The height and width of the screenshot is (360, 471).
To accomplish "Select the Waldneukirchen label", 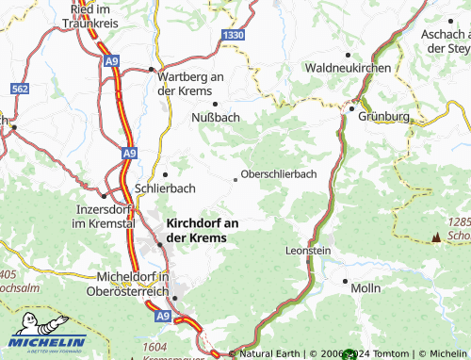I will (347, 69).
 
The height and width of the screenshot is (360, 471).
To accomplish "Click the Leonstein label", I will (308, 251).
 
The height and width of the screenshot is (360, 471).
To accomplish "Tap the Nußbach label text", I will (216, 117).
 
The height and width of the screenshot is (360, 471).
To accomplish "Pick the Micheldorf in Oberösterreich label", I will (132, 283).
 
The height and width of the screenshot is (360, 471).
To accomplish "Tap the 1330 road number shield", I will (234, 34).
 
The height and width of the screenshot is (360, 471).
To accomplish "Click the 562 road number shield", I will (21, 88).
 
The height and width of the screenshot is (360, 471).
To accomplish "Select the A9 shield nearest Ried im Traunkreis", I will (112, 61).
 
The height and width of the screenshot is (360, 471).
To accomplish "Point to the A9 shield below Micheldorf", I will (163, 319).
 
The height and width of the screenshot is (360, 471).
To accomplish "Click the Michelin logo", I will (47, 341).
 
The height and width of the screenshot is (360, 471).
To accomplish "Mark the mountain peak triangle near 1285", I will (435, 237).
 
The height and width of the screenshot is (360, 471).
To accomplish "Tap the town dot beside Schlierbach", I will (165, 174).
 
